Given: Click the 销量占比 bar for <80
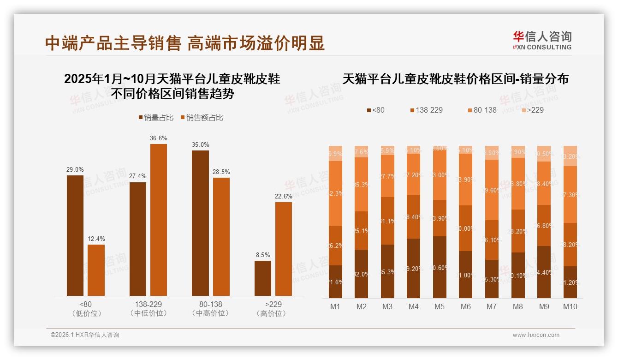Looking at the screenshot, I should coord(75,235).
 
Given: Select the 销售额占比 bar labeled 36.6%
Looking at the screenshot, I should coord(159,220).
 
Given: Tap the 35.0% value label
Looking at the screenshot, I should coord(201,144).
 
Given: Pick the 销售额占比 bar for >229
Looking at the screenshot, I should coord(284,249).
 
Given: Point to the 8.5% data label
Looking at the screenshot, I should coord(263,255).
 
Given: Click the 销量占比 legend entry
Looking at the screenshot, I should coord(156,118).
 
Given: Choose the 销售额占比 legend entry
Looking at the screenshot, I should coord(202,118).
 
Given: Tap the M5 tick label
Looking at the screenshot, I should coord(440,306).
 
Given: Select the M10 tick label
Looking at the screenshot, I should coord(570,306).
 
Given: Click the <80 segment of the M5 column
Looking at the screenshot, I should coord(440,267).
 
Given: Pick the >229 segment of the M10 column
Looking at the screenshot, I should coord(570,156).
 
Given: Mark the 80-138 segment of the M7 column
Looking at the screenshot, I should coord(492,190).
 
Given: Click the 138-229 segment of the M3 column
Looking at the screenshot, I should coord(387,221).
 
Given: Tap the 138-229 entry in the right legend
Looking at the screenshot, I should coord(426,110).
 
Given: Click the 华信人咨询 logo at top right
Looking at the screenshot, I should coord(542,40).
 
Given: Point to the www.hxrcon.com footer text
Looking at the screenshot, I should coord(536,335).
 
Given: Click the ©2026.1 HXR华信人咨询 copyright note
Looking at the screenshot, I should coord(85,335).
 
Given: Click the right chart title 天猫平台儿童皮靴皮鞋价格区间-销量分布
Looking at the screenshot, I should coord(455,79).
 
